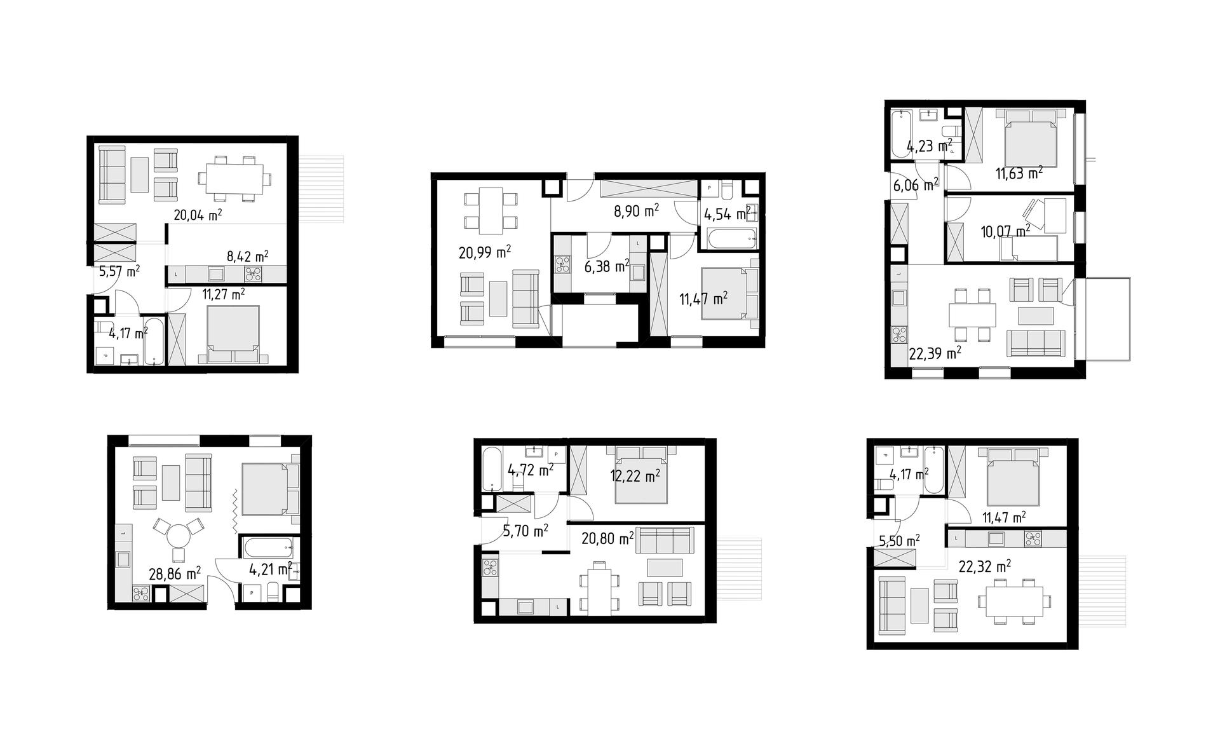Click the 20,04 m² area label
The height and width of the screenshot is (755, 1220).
(198, 215)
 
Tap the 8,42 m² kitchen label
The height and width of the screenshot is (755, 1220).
(247, 257)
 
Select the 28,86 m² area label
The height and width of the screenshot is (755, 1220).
(175, 575)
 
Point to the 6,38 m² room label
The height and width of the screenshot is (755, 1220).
(607, 266)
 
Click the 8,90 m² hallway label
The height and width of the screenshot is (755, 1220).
(635, 211)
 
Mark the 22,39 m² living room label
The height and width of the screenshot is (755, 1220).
(935, 353)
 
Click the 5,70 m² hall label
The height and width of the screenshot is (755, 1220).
(525, 529)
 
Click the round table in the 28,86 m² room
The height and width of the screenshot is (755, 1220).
(179, 535)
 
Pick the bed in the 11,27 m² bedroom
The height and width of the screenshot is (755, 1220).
(233, 334)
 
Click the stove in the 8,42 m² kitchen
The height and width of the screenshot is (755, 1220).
(254, 274)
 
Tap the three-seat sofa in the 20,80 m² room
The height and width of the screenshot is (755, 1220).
(665, 540)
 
